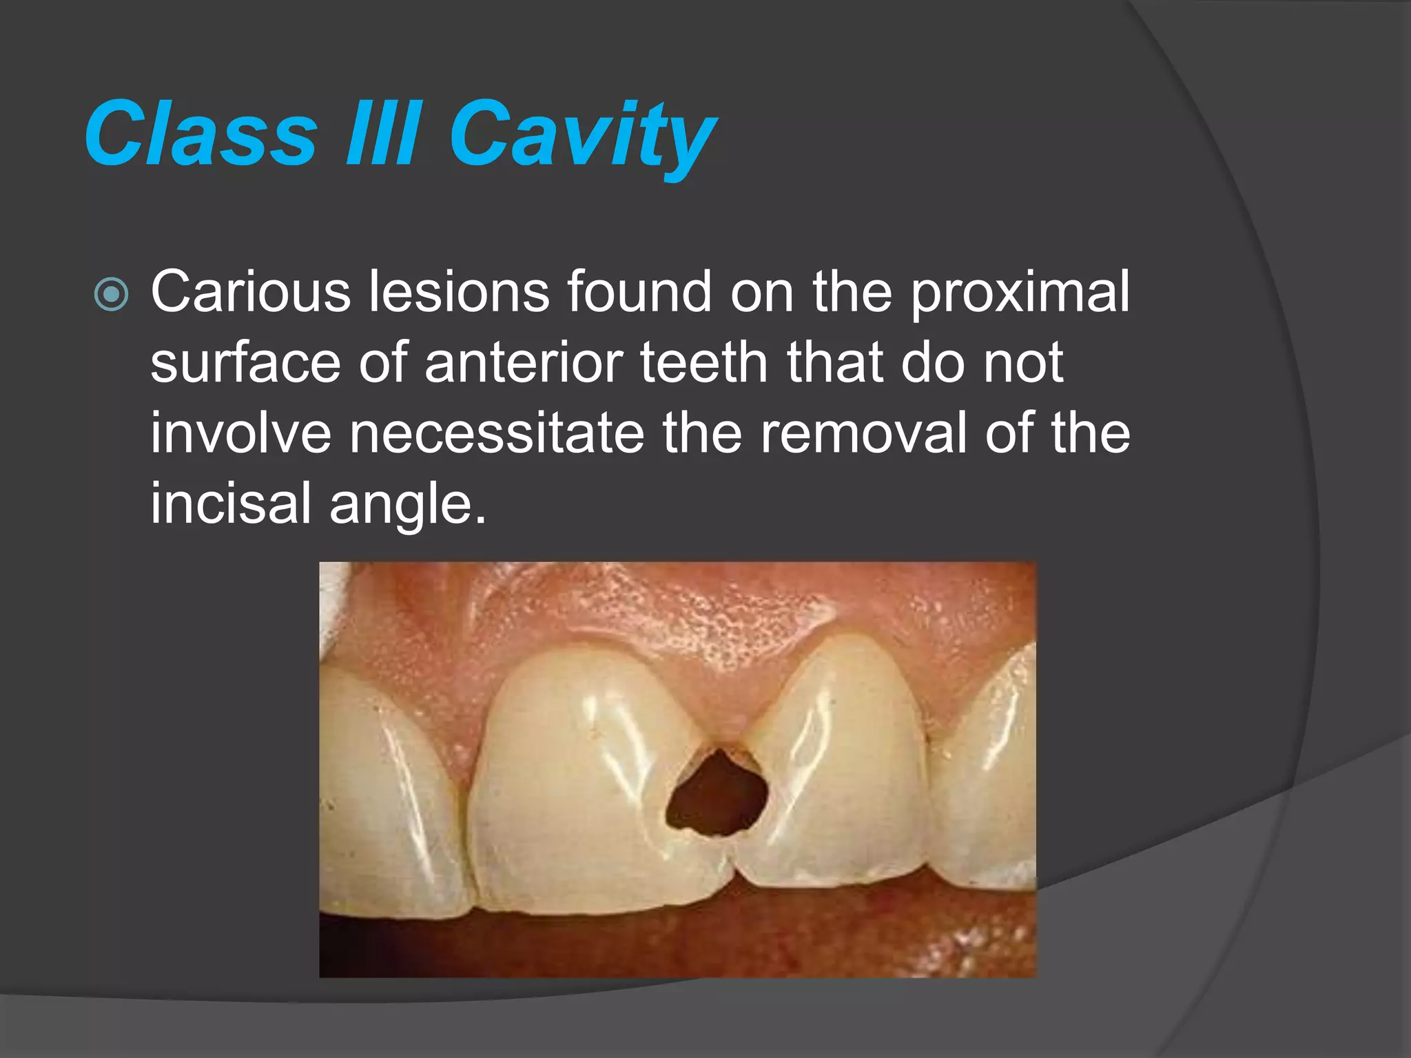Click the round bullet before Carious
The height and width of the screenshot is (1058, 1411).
pos(111,295)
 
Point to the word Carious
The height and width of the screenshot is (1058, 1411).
pos(250,292)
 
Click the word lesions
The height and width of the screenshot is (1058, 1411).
pos(459,292)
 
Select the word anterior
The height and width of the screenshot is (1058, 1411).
pos(524,363)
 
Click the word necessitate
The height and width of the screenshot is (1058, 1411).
pos(497,433)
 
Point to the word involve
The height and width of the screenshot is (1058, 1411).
pos(240,433)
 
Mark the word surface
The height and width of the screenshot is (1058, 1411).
pos(245,363)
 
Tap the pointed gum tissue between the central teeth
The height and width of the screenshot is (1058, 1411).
pos(720,716)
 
